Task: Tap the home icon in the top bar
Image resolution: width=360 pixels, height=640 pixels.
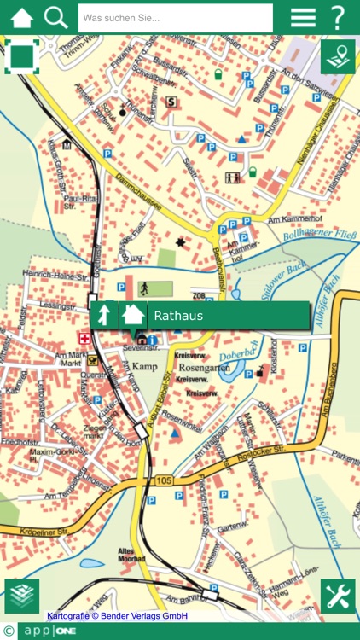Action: (22, 17)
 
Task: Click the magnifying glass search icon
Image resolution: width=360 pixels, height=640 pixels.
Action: (55, 17)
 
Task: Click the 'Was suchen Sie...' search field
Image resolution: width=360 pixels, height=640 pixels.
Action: (175, 18)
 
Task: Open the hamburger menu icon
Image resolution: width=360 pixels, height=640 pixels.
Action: (303, 17)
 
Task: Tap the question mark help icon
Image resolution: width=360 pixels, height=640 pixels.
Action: (338, 17)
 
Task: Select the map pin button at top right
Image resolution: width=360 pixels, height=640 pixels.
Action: (338, 57)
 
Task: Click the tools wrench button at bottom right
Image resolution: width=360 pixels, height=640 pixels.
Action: (338, 596)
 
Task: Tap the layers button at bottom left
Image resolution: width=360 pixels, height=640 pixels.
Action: (22, 596)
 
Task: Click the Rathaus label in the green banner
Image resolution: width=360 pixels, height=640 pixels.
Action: (178, 316)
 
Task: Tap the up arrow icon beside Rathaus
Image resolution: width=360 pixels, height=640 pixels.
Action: (104, 315)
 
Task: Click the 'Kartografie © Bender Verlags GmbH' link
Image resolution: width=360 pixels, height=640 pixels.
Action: (117, 616)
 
